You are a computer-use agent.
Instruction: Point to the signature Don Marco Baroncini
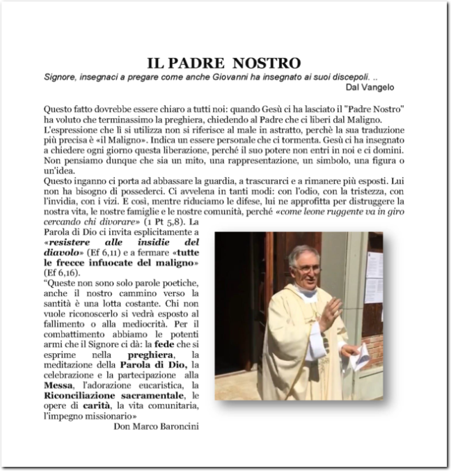pyautogui.click(x=155, y=426)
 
